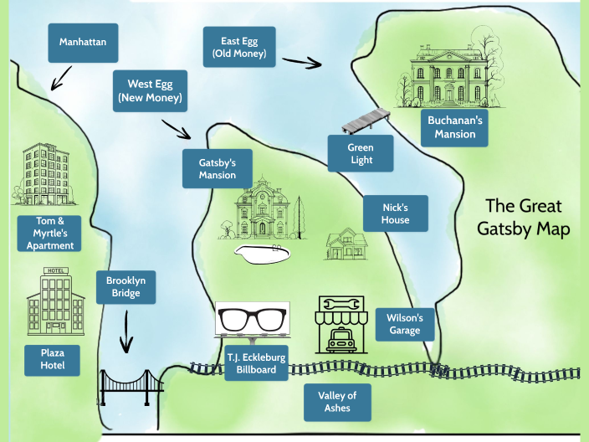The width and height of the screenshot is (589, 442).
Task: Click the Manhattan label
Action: (x=83, y=42)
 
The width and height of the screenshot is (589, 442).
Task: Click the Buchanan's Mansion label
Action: (x=454, y=127)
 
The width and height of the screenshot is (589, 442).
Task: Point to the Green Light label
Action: (x=361, y=154)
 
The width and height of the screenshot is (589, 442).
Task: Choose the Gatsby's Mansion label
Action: (x=218, y=168)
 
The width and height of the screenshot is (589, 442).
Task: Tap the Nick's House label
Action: (x=396, y=213)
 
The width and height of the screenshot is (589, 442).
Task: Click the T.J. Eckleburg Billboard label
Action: (x=257, y=363)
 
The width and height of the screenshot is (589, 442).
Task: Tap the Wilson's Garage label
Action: (x=406, y=325)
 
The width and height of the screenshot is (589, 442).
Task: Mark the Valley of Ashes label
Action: (x=337, y=402)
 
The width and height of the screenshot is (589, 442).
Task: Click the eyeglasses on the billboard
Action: (x=253, y=319)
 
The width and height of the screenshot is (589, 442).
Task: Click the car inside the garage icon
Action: (x=339, y=340)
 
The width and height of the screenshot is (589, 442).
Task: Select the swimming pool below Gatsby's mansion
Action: (x=264, y=253)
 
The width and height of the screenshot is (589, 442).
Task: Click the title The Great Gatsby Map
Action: (x=524, y=217)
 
